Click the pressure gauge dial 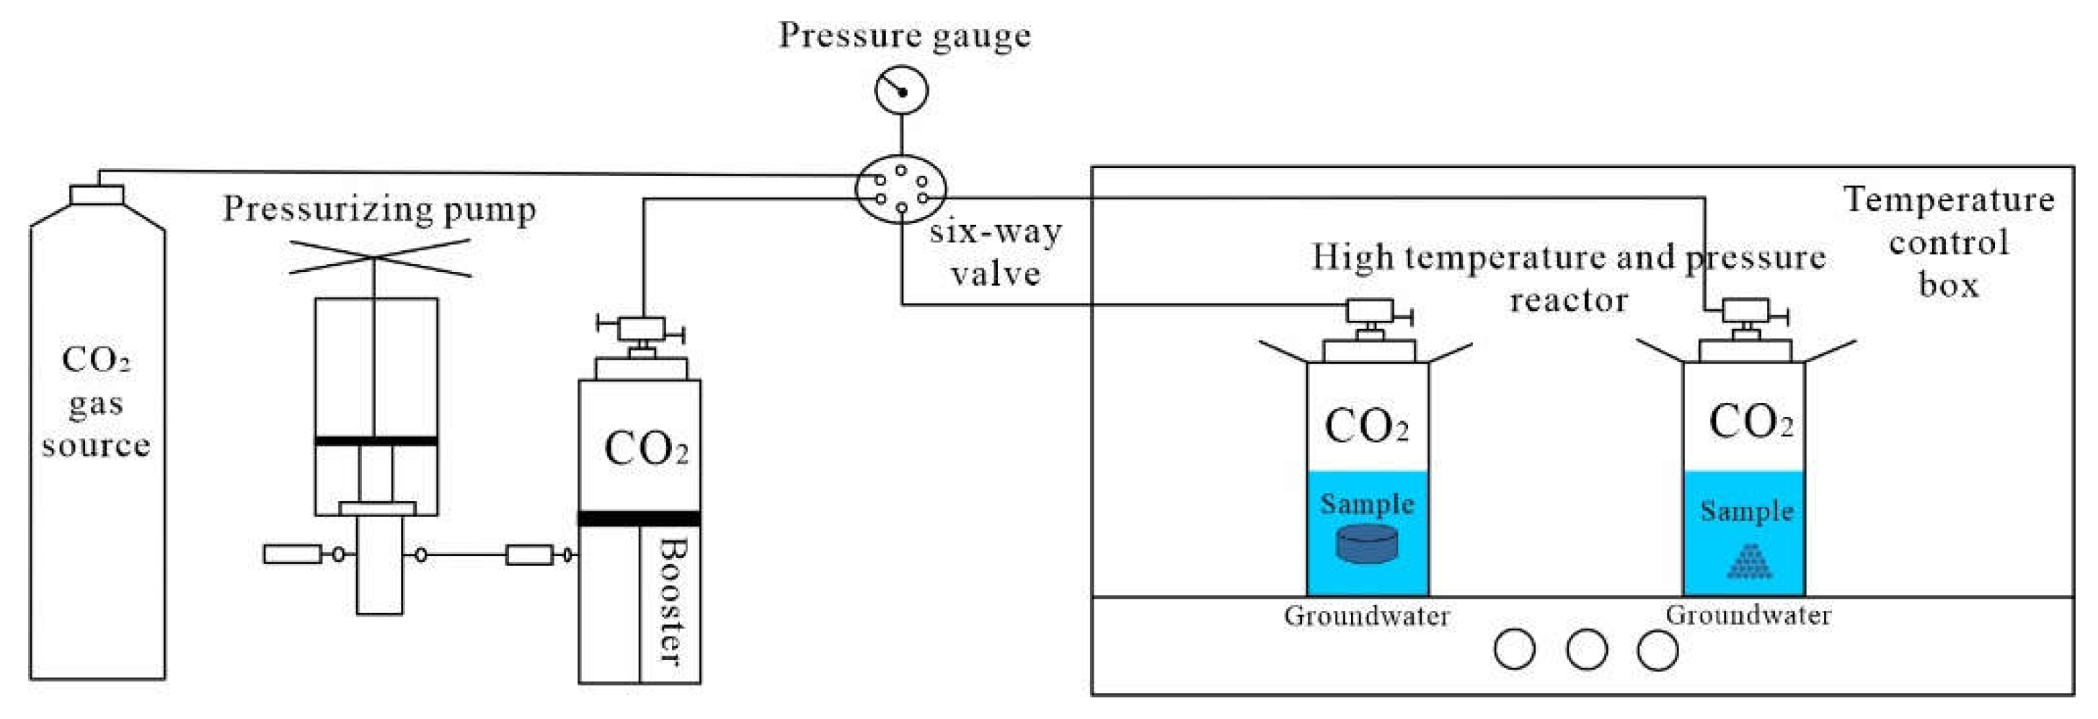(x=902, y=90)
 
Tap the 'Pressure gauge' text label (x=904, y=36)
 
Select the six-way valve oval (x=900, y=189)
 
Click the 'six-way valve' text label (x=995, y=252)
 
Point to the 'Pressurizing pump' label (x=379, y=209)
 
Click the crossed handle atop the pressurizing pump (x=379, y=257)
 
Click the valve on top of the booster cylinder (x=641, y=330)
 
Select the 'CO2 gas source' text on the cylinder (x=96, y=403)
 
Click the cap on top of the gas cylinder (x=97, y=195)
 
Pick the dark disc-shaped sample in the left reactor (x=1368, y=544)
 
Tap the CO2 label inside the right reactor (x=1750, y=423)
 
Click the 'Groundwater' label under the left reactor (x=1367, y=617)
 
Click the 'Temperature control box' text (x=1948, y=242)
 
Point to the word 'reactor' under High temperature (x=1568, y=301)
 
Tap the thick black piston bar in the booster (x=639, y=518)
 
